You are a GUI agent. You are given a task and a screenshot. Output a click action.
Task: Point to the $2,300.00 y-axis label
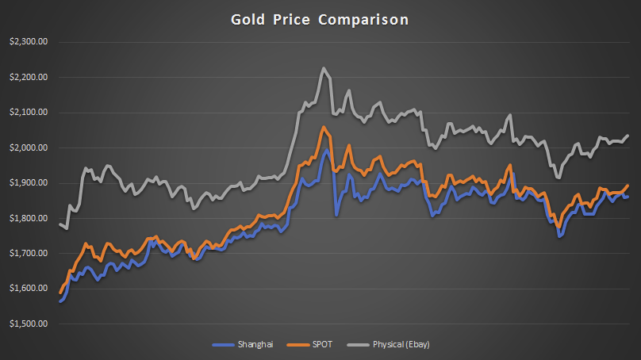[x=28, y=42]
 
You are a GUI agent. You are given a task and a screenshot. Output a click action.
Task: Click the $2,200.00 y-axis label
[x=28, y=78]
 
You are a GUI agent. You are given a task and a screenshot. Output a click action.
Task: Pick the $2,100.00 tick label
[x=28, y=113]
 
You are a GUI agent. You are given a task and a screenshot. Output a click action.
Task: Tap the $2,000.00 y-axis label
[x=28, y=147]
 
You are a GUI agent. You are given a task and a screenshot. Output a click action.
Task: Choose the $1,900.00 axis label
[x=28, y=183]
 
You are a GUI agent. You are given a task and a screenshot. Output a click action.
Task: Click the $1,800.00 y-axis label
[x=28, y=218]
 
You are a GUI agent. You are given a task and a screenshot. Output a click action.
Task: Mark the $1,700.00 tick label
[x=28, y=253]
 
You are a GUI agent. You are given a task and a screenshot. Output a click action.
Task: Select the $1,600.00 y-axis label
[x=28, y=289]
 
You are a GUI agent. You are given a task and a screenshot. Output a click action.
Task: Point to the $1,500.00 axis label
[x=28, y=324]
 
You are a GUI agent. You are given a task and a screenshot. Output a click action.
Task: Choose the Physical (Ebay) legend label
[x=401, y=345]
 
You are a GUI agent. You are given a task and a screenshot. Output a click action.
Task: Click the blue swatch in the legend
[x=224, y=345]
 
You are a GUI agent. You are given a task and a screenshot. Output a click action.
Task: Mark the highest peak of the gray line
[x=324, y=68]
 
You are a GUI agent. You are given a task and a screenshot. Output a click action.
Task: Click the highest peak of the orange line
[x=324, y=127]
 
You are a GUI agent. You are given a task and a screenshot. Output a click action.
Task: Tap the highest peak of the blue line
[x=325, y=150]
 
